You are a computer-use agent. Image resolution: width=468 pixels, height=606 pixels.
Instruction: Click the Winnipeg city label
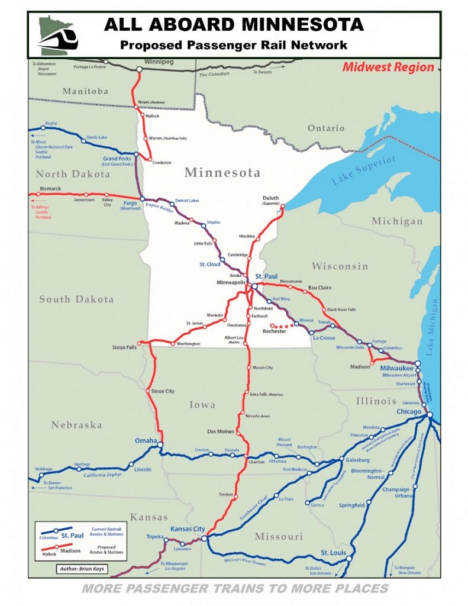click(x=160, y=61)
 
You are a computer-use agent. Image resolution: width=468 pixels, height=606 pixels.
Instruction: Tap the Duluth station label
click(x=270, y=198)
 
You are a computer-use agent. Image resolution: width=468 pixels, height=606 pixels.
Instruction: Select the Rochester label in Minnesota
click(x=274, y=331)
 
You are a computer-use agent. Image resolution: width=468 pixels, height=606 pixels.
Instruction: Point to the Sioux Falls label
click(x=124, y=347)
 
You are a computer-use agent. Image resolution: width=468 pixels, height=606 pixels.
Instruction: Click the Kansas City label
click(x=187, y=528)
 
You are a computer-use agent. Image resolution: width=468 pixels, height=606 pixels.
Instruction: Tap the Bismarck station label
click(x=50, y=189)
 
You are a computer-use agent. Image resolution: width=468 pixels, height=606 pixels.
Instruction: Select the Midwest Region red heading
click(x=388, y=67)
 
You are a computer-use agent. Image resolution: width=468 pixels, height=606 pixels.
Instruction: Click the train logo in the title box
click(x=57, y=36)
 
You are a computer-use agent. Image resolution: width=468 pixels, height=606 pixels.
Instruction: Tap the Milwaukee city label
click(x=396, y=368)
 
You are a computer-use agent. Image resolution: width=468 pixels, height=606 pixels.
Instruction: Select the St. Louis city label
click(x=333, y=553)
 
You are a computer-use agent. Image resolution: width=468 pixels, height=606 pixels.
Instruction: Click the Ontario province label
click(x=325, y=128)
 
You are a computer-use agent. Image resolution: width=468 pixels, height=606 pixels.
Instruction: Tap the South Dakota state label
click(x=76, y=299)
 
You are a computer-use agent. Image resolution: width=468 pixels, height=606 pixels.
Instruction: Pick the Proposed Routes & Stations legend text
click(x=107, y=550)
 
